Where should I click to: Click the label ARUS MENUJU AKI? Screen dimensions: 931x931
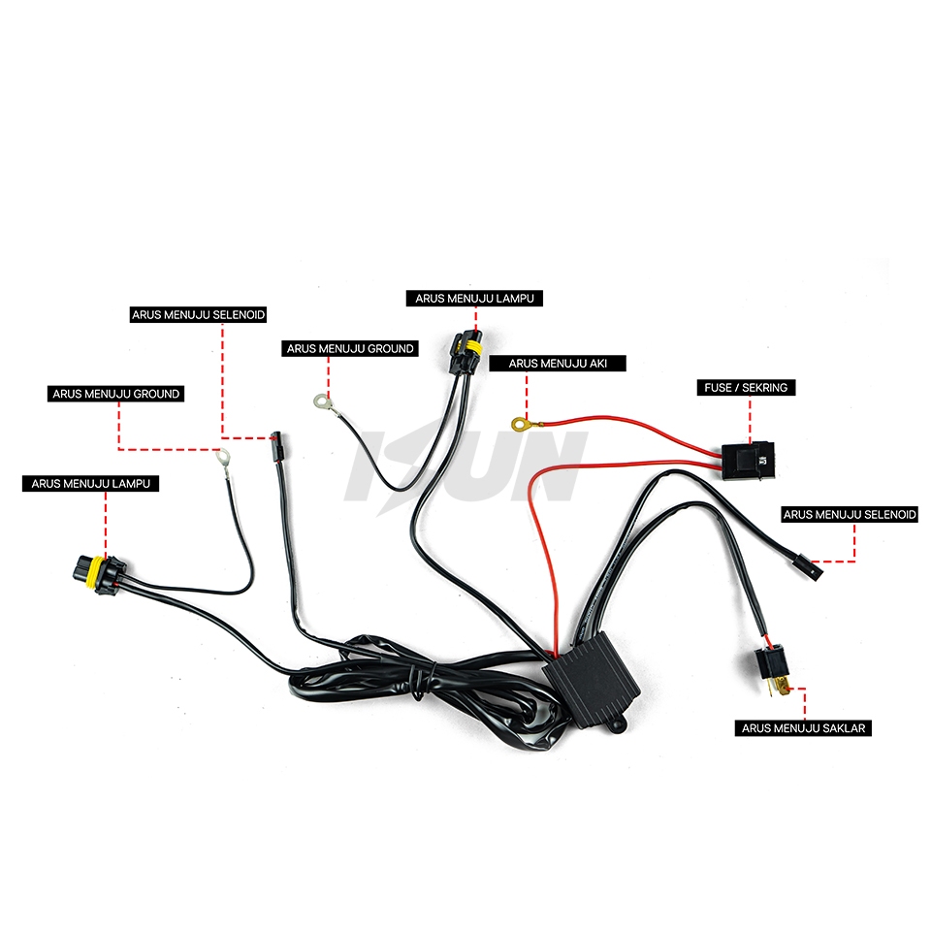click(x=558, y=364)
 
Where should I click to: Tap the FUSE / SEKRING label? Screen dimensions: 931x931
click(x=747, y=388)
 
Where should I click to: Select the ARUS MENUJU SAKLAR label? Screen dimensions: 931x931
click(x=804, y=727)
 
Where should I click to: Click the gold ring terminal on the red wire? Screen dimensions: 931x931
click(x=520, y=423)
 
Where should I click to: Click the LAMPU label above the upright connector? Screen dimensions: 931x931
click(x=475, y=299)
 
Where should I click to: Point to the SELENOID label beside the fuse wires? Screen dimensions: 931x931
click(x=850, y=515)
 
